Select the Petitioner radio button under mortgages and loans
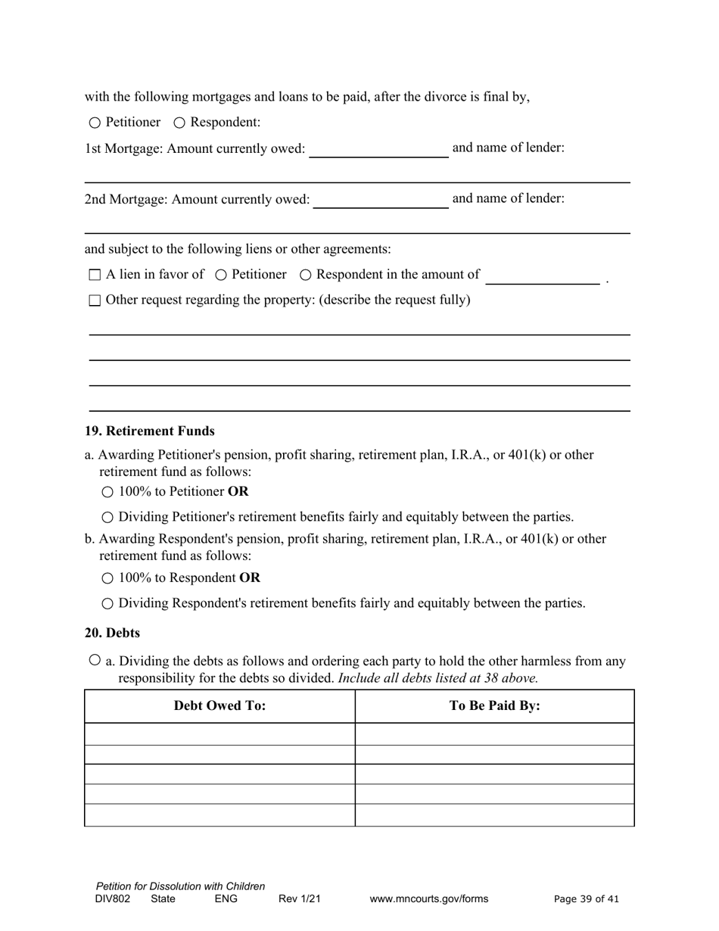95,123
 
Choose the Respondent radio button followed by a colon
179,123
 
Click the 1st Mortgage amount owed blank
378,149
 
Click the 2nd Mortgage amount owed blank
381,200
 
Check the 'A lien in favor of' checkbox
95,275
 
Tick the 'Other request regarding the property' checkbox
95,300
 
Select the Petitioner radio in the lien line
221,275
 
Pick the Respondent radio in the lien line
306,275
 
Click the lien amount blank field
542,276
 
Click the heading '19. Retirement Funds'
150,431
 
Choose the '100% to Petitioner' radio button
107,492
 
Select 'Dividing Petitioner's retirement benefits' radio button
107,518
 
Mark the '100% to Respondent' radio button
107,578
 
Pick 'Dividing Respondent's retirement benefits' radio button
107,604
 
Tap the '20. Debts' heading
112,632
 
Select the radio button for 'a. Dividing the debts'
95,660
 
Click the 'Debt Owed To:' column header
219,705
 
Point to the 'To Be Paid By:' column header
494,705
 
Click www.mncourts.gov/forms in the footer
429,899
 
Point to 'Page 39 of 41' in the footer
587,899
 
